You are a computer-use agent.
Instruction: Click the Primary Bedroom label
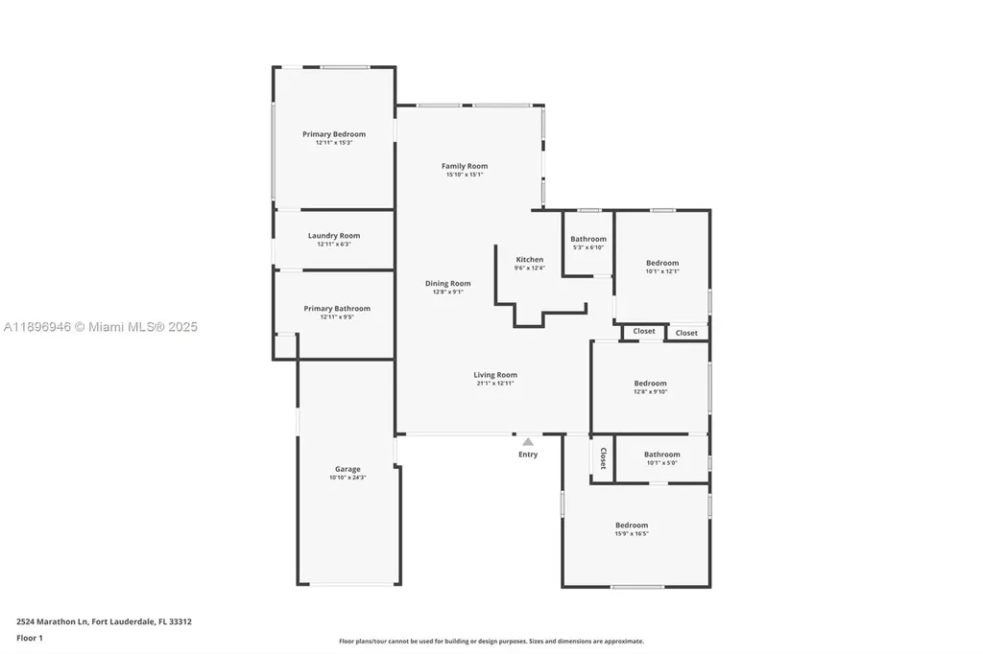tap(334, 134)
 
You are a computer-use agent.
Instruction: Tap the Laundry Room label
tap(334, 236)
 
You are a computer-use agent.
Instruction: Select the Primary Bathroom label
tap(336, 309)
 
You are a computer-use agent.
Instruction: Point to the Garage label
tap(348, 469)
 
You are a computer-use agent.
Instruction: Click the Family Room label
tap(465, 166)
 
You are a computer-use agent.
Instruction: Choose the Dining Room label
tap(447, 283)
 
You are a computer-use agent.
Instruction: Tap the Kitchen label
tap(530, 260)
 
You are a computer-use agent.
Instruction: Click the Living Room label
tap(495, 375)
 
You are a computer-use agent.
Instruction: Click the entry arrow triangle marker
tap(528, 442)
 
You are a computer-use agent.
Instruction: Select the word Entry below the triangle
tap(528, 455)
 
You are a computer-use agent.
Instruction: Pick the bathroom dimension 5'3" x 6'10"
tap(588, 247)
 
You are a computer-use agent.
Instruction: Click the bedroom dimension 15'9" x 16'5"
tap(632, 533)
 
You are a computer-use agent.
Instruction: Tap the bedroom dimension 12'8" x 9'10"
tap(650, 391)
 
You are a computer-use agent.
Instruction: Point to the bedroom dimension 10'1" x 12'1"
tap(662, 271)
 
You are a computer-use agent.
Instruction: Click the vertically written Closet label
tap(603, 458)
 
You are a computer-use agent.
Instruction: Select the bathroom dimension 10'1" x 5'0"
tap(662, 463)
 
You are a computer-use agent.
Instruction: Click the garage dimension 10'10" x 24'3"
tap(348, 478)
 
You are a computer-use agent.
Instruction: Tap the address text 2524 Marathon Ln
tap(54, 621)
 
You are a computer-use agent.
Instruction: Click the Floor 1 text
tap(30, 638)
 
